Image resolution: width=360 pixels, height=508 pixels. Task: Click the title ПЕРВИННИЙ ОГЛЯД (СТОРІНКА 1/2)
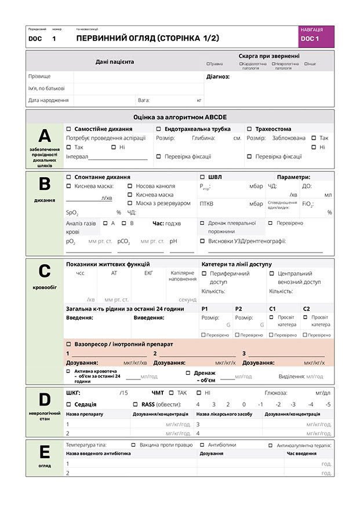pos(148,38)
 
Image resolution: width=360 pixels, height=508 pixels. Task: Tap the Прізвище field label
pos(39,76)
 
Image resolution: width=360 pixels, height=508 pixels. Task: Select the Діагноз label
pos(218,76)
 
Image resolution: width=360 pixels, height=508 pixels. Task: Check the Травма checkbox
pos(208,64)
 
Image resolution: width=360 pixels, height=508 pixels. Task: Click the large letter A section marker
pos(44,136)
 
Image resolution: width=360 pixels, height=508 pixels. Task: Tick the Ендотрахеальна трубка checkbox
pos(159,129)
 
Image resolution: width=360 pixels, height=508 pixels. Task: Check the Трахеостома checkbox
pos(249,129)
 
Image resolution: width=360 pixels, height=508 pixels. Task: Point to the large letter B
pos(44,184)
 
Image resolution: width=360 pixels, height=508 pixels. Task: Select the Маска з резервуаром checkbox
pos(130,203)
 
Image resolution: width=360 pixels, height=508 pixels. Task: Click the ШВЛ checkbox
pos(202,177)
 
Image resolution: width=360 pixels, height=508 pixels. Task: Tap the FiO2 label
pos(308,204)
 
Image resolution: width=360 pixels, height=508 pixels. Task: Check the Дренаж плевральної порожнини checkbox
pos(202,223)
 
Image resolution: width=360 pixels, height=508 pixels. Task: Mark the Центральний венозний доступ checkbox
pos(271,273)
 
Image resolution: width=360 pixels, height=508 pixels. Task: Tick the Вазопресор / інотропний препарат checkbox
pos(68,344)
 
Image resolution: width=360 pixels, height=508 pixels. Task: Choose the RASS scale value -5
pos(328,404)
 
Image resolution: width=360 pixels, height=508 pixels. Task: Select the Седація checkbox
pos(68,404)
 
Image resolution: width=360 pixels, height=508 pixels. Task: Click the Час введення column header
pos(301,454)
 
